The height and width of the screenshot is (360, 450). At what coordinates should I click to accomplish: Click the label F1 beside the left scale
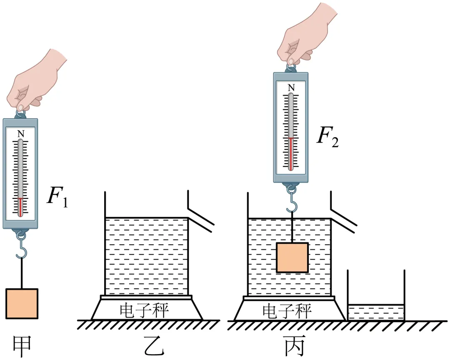[57, 197]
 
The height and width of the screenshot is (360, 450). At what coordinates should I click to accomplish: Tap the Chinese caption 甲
[22, 347]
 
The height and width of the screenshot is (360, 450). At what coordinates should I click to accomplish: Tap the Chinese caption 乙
[154, 346]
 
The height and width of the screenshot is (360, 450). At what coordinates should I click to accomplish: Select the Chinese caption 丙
[295, 346]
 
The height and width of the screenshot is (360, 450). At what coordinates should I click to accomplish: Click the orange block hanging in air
[22, 304]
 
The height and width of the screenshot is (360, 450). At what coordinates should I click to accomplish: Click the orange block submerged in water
[292, 257]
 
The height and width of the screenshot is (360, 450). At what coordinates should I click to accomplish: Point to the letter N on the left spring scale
[20, 134]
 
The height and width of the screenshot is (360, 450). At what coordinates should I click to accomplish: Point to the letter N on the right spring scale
[291, 87]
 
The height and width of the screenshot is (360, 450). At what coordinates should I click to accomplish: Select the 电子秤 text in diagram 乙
[144, 310]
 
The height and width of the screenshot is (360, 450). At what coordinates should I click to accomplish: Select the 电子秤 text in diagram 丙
[287, 310]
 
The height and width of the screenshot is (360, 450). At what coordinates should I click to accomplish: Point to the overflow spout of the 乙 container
[200, 217]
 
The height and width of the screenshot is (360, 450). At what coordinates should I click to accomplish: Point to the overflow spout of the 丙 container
[343, 217]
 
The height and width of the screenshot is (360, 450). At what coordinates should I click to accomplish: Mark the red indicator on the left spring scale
[20, 207]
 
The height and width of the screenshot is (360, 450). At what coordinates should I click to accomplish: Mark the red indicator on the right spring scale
[291, 154]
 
